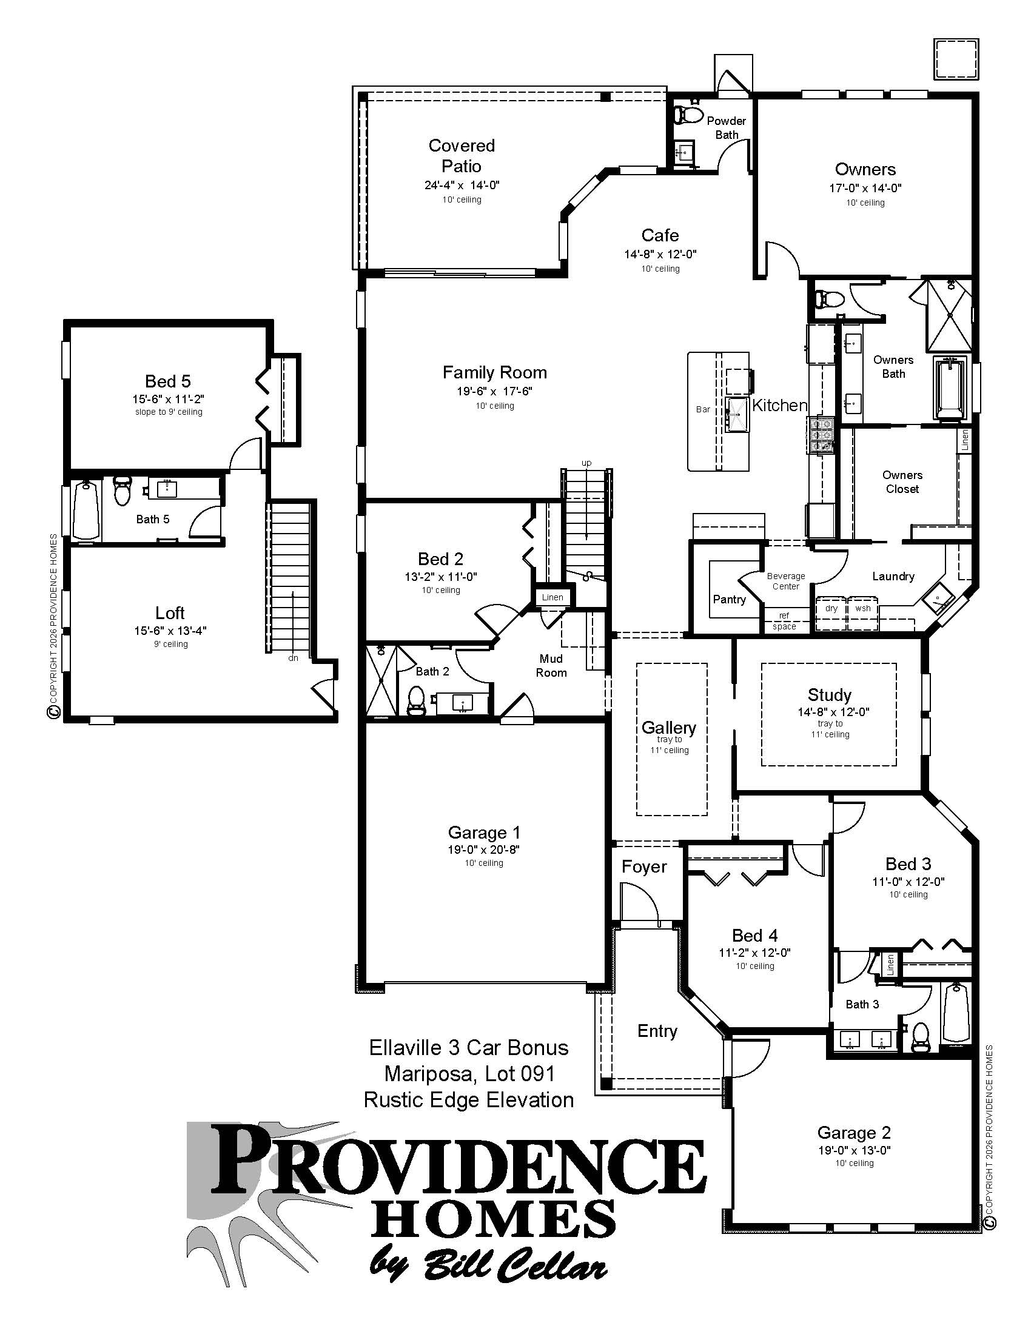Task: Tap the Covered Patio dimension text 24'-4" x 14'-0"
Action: pos(462,185)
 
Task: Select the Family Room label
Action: pos(495,372)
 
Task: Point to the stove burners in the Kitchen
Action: pos(821,434)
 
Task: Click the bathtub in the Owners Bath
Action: pos(949,389)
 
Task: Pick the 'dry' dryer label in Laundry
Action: pos(831,608)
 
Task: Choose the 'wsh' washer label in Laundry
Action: pos(863,608)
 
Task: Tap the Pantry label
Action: pos(729,599)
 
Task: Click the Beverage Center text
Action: pos(785,581)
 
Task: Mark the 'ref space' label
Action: pos(784,620)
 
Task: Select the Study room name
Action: pos(829,694)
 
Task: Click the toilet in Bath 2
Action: pos(417,700)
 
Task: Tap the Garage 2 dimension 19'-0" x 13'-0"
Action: pos(854,1150)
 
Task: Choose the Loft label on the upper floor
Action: pos(170,612)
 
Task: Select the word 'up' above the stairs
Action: pos(586,463)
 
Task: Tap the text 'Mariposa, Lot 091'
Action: pos(469,1073)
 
